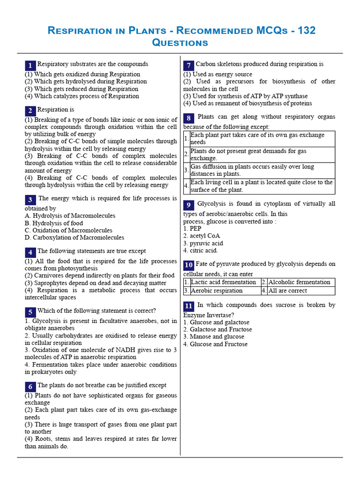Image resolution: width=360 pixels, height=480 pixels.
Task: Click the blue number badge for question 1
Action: tap(30, 65)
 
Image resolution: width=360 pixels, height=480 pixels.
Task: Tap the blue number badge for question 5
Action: tap(30, 312)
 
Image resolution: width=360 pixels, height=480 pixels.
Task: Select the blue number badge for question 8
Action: tap(188, 118)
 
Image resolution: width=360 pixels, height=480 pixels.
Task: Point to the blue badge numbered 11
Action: tap(188, 306)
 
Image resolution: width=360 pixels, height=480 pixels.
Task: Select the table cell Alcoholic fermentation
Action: tap(299, 282)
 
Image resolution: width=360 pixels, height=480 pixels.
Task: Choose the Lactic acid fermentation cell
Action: tap(223, 282)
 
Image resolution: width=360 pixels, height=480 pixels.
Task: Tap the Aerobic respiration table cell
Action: tap(217, 291)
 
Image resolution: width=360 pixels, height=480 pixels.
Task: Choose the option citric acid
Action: tap(203, 250)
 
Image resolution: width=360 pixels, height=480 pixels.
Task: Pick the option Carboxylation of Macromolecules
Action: tap(75, 238)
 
